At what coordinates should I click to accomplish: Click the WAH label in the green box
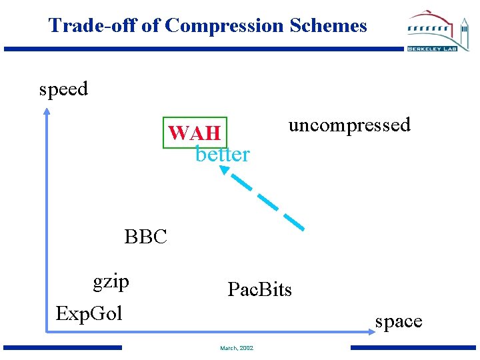pos(195,133)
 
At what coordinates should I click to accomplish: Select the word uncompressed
pos(349,125)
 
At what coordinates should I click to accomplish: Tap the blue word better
pos(222,155)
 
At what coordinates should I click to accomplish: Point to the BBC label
pos(145,237)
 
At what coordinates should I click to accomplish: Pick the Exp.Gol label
pos(89,313)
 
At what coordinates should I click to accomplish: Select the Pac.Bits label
pos(259,289)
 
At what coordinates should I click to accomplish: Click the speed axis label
pos(63,89)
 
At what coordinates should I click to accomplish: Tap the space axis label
pos(399,321)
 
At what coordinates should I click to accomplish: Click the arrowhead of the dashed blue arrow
pos(225,171)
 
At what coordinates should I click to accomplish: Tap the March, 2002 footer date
pos(237,348)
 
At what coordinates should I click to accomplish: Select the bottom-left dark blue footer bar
pos(63,347)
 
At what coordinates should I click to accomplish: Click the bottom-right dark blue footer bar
pos(414,347)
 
